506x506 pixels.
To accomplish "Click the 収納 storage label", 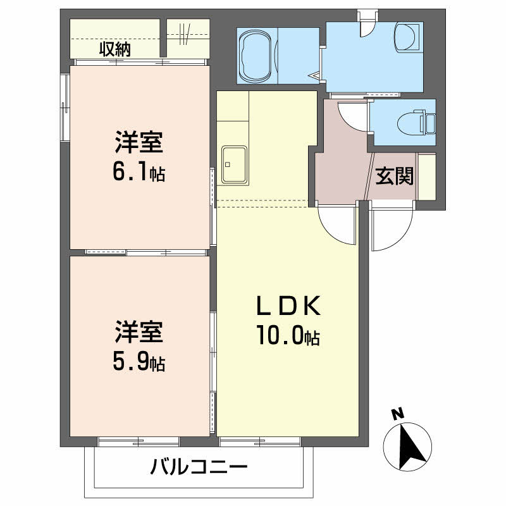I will click(x=114, y=49).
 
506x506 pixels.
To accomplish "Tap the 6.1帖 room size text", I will click(x=139, y=171).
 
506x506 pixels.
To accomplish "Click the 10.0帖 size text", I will click(x=288, y=336).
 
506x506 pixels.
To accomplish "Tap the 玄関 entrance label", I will click(x=395, y=176).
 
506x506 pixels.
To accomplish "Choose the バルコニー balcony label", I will click(x=199, y=469).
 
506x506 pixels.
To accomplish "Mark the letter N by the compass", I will click(x=397, y=415).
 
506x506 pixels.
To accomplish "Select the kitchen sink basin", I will click(x=234, y=164).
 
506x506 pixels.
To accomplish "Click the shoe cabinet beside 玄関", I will click(x=426, y=177).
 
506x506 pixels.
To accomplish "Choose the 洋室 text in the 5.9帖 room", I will click(x=139, y=333).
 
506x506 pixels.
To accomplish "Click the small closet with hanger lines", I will click(x=188, y=37).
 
